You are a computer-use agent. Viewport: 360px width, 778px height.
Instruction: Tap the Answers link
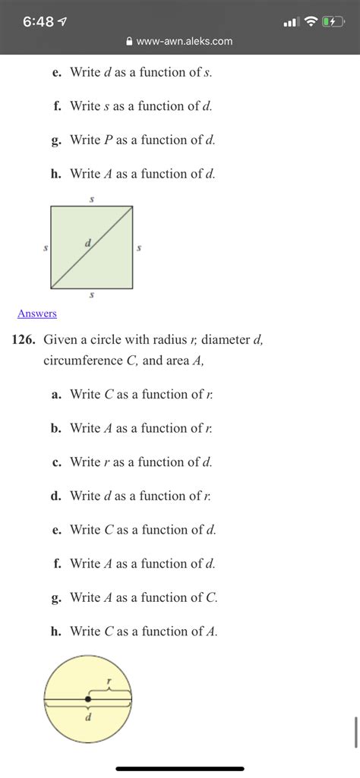point(36,313)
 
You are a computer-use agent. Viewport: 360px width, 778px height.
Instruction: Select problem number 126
point(24,340)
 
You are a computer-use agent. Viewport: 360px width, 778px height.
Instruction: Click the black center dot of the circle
point(88,698)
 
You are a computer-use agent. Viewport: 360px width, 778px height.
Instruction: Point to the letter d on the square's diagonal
point(88,243)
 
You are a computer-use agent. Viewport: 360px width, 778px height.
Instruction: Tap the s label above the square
point(92,199)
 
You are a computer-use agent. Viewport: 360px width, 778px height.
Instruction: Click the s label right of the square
point(140,247)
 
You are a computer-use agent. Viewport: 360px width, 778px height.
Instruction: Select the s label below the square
point(92,296)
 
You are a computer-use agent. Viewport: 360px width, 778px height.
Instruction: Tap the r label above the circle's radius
point(110,682)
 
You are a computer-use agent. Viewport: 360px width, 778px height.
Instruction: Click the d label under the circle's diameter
point(88,717)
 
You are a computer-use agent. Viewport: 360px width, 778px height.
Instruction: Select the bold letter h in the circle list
point(55,631)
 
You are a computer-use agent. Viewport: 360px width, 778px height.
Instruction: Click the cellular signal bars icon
point(290,22)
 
